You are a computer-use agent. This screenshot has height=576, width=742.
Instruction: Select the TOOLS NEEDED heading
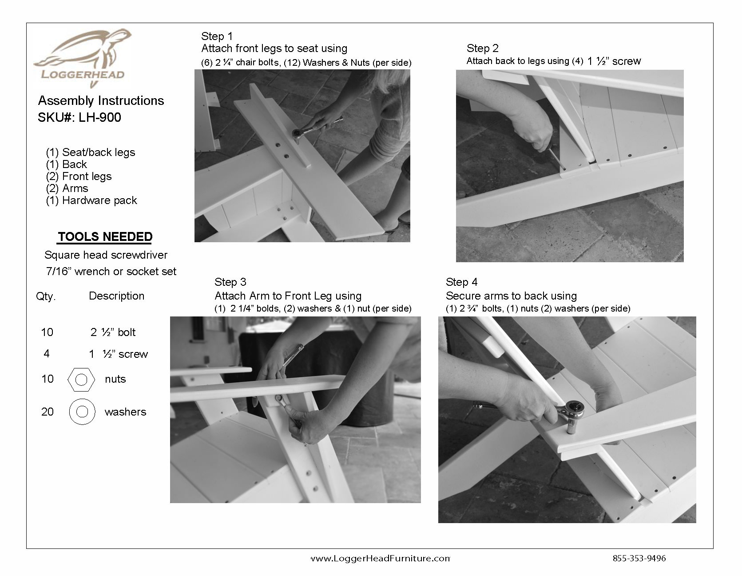(x=105, y=237)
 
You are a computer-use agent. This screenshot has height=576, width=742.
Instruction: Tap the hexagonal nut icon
(x=81, y=380)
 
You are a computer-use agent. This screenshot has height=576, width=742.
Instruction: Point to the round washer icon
(x=82, y=412)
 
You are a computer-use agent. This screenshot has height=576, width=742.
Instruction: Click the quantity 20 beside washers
(x=47, y=412)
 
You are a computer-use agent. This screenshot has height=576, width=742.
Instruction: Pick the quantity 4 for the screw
(x=47, y=354)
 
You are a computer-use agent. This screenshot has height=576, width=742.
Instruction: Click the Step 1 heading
(x=217, y=36)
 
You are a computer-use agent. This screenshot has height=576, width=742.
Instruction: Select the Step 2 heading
(x=482, y=48)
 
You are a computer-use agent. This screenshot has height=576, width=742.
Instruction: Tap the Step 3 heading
(x=230, y=282)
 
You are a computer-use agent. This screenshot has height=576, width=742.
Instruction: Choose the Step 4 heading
(x=462, y=282)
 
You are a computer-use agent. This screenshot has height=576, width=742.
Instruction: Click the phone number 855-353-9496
(x=639, y=559)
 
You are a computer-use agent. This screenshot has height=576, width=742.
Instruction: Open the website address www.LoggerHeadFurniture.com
(x=380, y=559)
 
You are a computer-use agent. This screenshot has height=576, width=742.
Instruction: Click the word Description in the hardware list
(x=116, y=296)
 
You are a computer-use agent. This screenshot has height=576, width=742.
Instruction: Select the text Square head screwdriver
(x=106, y=255)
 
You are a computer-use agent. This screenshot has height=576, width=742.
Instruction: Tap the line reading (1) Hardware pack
(x=91, y=200)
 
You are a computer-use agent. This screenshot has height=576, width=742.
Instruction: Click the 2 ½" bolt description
(x=113, y=332)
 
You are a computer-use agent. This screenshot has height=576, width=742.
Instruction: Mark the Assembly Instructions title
(x=101, y=101)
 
